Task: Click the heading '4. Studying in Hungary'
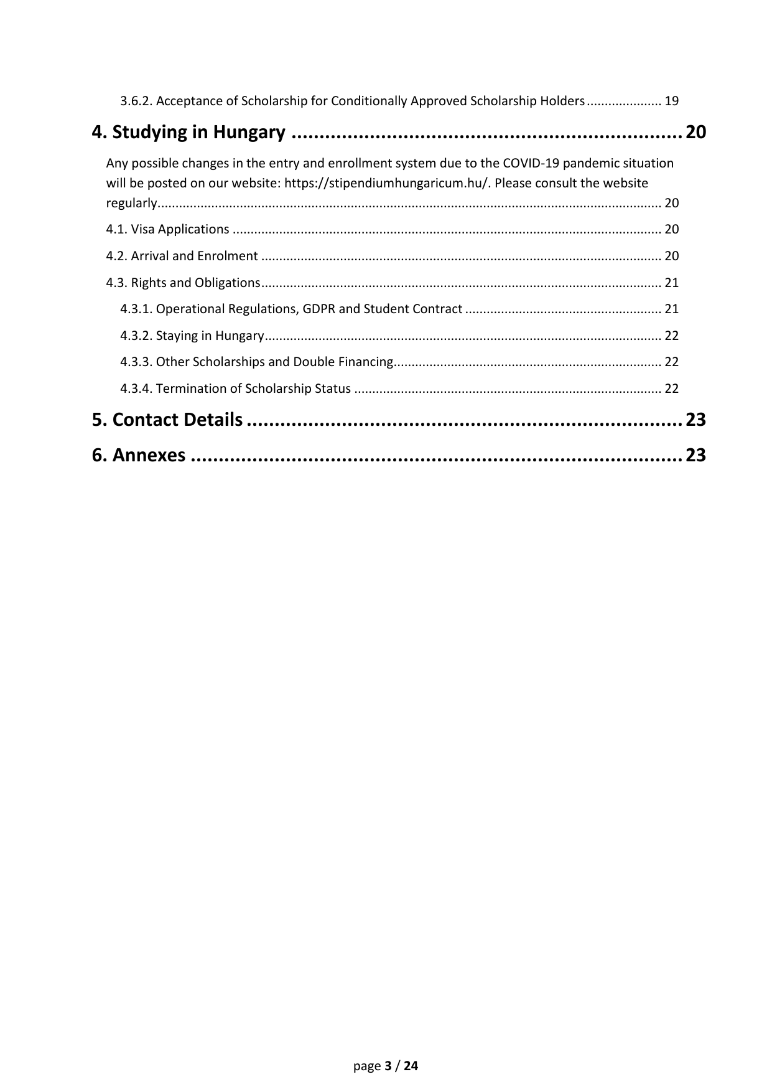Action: pos(188,133)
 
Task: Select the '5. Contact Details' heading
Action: pos(167,420)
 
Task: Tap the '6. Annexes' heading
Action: pos(138,456)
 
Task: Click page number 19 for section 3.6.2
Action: pos(671,101)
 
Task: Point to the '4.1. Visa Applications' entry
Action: pos(167,229)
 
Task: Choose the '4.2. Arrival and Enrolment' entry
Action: pos(182,256)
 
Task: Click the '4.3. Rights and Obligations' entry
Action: pos(183,283)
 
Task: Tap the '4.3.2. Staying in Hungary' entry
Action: pos(192,336)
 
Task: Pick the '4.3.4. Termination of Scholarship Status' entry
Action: pos(235,388)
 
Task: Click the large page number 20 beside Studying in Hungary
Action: pos(695,133)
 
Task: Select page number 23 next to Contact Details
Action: pos(695,420)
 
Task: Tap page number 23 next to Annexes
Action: pos(695,456)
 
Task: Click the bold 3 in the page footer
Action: pos(388,1066)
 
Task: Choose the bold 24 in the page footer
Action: pos(411,1066)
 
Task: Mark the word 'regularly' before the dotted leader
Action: pos(131,203)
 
